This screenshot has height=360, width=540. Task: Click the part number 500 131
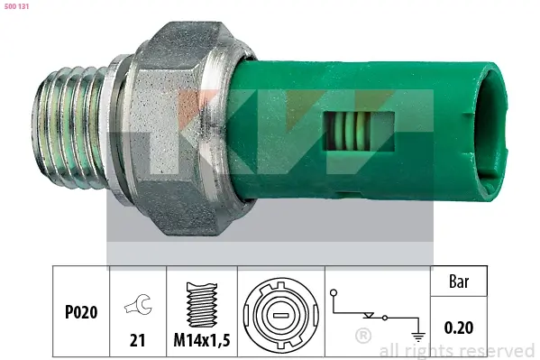(16, 6)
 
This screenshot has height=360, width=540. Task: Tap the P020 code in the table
(81, 312)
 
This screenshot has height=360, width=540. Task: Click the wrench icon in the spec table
(138, 304)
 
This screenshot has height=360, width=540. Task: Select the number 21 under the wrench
(137, 340)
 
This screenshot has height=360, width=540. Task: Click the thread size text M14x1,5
(202, 340)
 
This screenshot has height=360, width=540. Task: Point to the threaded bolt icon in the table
(202, 305)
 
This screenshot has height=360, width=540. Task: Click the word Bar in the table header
(459, 282)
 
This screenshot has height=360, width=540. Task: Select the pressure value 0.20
(459, 328)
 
